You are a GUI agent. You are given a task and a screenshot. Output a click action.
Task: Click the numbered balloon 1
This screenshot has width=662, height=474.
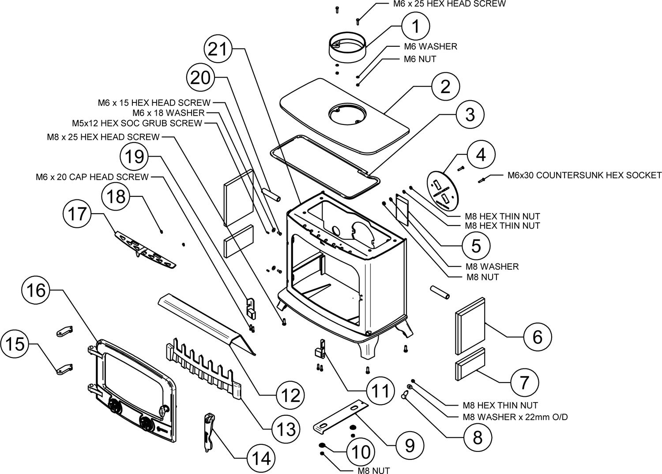point(416,26)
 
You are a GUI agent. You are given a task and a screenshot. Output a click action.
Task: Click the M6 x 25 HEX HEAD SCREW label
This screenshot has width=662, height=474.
point(449,4)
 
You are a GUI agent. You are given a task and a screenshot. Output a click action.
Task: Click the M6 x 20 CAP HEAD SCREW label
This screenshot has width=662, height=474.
point(92,177)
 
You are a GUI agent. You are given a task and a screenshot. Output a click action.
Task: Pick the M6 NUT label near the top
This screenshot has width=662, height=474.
point(420,59)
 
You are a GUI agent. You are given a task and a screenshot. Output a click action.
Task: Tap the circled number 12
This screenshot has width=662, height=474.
point(290,395)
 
